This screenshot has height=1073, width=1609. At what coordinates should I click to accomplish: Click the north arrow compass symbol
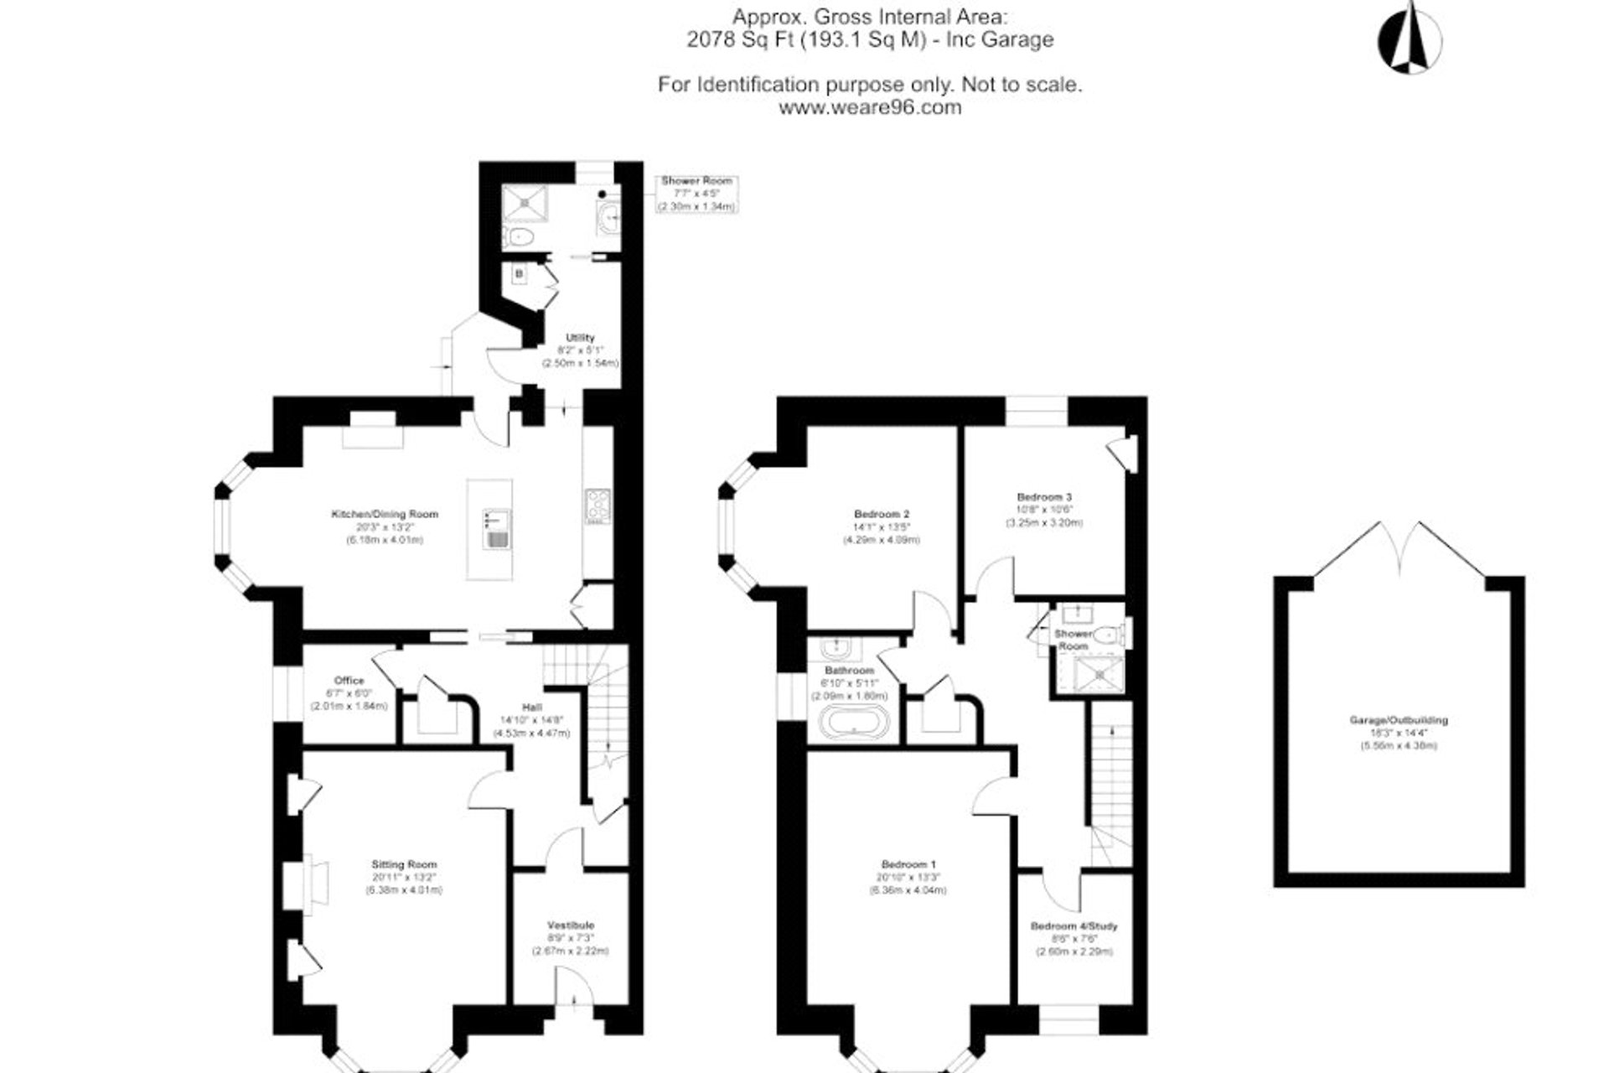[1410, 38]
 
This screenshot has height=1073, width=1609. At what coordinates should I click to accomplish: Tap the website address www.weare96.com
[870, 107]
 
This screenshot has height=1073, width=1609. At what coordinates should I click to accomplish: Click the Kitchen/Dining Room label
[385, 514]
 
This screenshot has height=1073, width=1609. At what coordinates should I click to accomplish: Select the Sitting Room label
[404, 864]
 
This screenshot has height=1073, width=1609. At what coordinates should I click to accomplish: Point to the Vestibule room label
[570, 925]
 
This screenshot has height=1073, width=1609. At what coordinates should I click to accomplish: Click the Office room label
[349, 681]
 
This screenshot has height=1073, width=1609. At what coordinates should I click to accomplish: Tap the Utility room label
[580, 338]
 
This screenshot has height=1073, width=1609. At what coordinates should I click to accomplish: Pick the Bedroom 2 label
[882, 514]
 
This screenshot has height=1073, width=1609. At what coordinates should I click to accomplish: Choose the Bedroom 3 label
[1044, 496]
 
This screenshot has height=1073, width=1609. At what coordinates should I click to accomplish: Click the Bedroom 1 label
[908, 864]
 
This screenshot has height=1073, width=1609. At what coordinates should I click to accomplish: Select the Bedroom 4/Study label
[1074, 926]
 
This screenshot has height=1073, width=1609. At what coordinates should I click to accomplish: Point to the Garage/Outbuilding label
[1398, 720]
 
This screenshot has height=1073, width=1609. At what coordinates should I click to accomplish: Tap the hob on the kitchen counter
[598, 505]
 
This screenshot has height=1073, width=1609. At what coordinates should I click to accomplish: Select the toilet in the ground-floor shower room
[521, 236]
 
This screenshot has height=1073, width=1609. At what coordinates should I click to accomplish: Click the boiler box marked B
[520, 273]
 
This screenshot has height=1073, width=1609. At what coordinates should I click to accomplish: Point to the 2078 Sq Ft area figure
[737, 39]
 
